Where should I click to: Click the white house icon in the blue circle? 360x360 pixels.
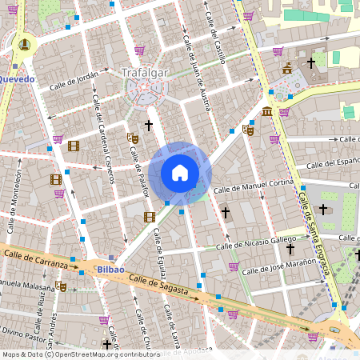click(180, 173)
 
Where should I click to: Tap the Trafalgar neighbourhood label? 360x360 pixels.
click(146, 73)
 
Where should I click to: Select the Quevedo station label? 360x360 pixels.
click(17, 79)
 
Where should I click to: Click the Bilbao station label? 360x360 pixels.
click(110, 270)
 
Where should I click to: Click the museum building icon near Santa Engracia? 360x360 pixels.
click(266, 110)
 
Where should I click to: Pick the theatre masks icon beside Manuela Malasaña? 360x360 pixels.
click(62, 286)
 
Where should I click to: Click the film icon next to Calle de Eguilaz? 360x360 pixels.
click(149, 217)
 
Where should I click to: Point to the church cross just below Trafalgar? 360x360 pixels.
click(148, 126)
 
